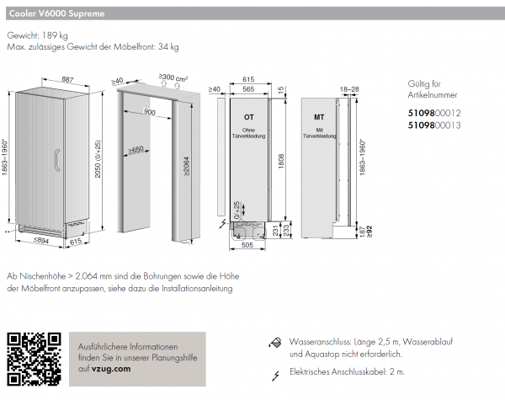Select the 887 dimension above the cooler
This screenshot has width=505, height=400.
(x=68, y=79)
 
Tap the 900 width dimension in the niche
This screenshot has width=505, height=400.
(x=150, y=112)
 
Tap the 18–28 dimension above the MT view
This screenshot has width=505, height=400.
(x=349, y=88)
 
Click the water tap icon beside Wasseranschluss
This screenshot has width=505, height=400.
(x=274, y=344)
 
